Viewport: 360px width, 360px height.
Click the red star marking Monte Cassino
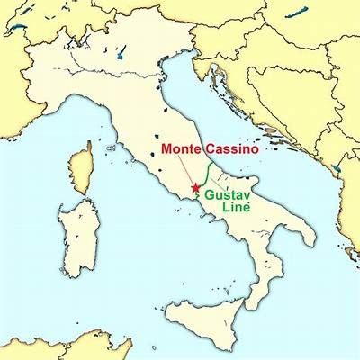pos(195,188)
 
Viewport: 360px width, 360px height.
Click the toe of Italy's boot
pos(250,281)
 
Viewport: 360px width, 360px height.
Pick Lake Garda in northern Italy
pos(120,54)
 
